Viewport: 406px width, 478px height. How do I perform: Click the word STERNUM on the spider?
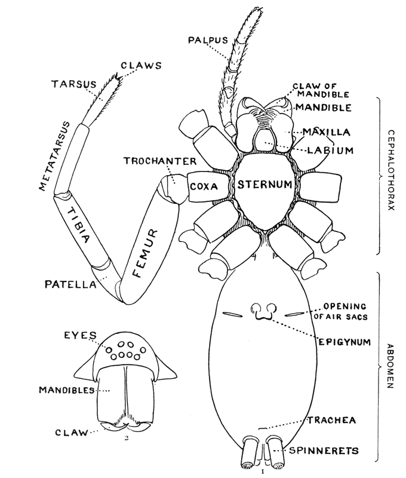[x=266, y=185]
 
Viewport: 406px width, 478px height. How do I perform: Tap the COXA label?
[x=204, y=185]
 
